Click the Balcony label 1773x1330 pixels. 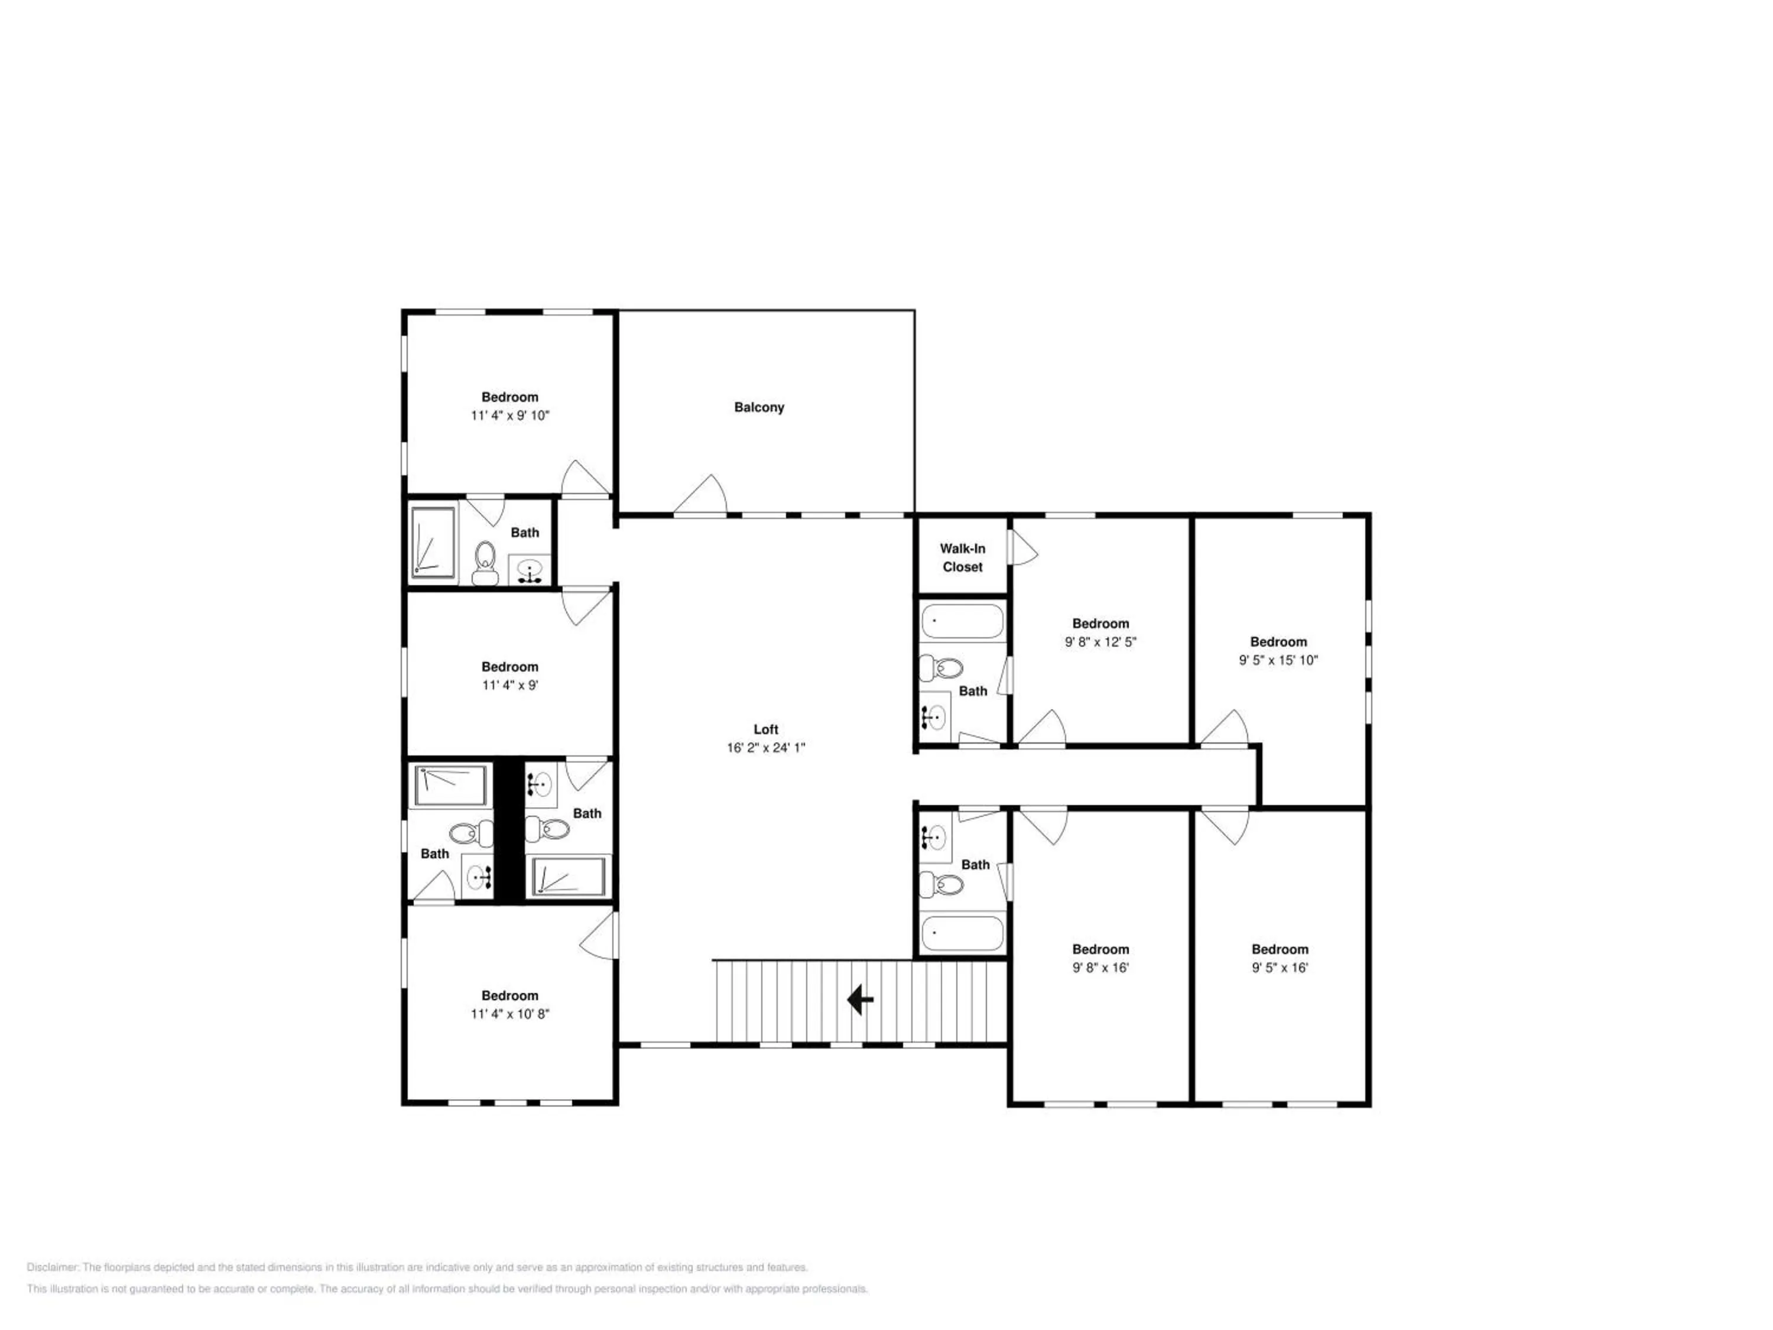759,407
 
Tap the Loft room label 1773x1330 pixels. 765,729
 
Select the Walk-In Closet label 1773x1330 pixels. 963,558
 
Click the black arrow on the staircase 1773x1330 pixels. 860,1000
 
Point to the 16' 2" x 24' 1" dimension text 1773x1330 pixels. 765,748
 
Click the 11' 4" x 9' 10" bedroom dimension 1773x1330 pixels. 510,416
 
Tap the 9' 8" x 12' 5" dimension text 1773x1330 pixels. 1100,642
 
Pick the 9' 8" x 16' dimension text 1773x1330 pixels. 1100,968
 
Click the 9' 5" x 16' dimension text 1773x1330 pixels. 1280,968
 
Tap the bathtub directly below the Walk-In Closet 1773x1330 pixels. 962,621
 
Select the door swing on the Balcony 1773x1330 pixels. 700,495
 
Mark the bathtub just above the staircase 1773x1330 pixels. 962,933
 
